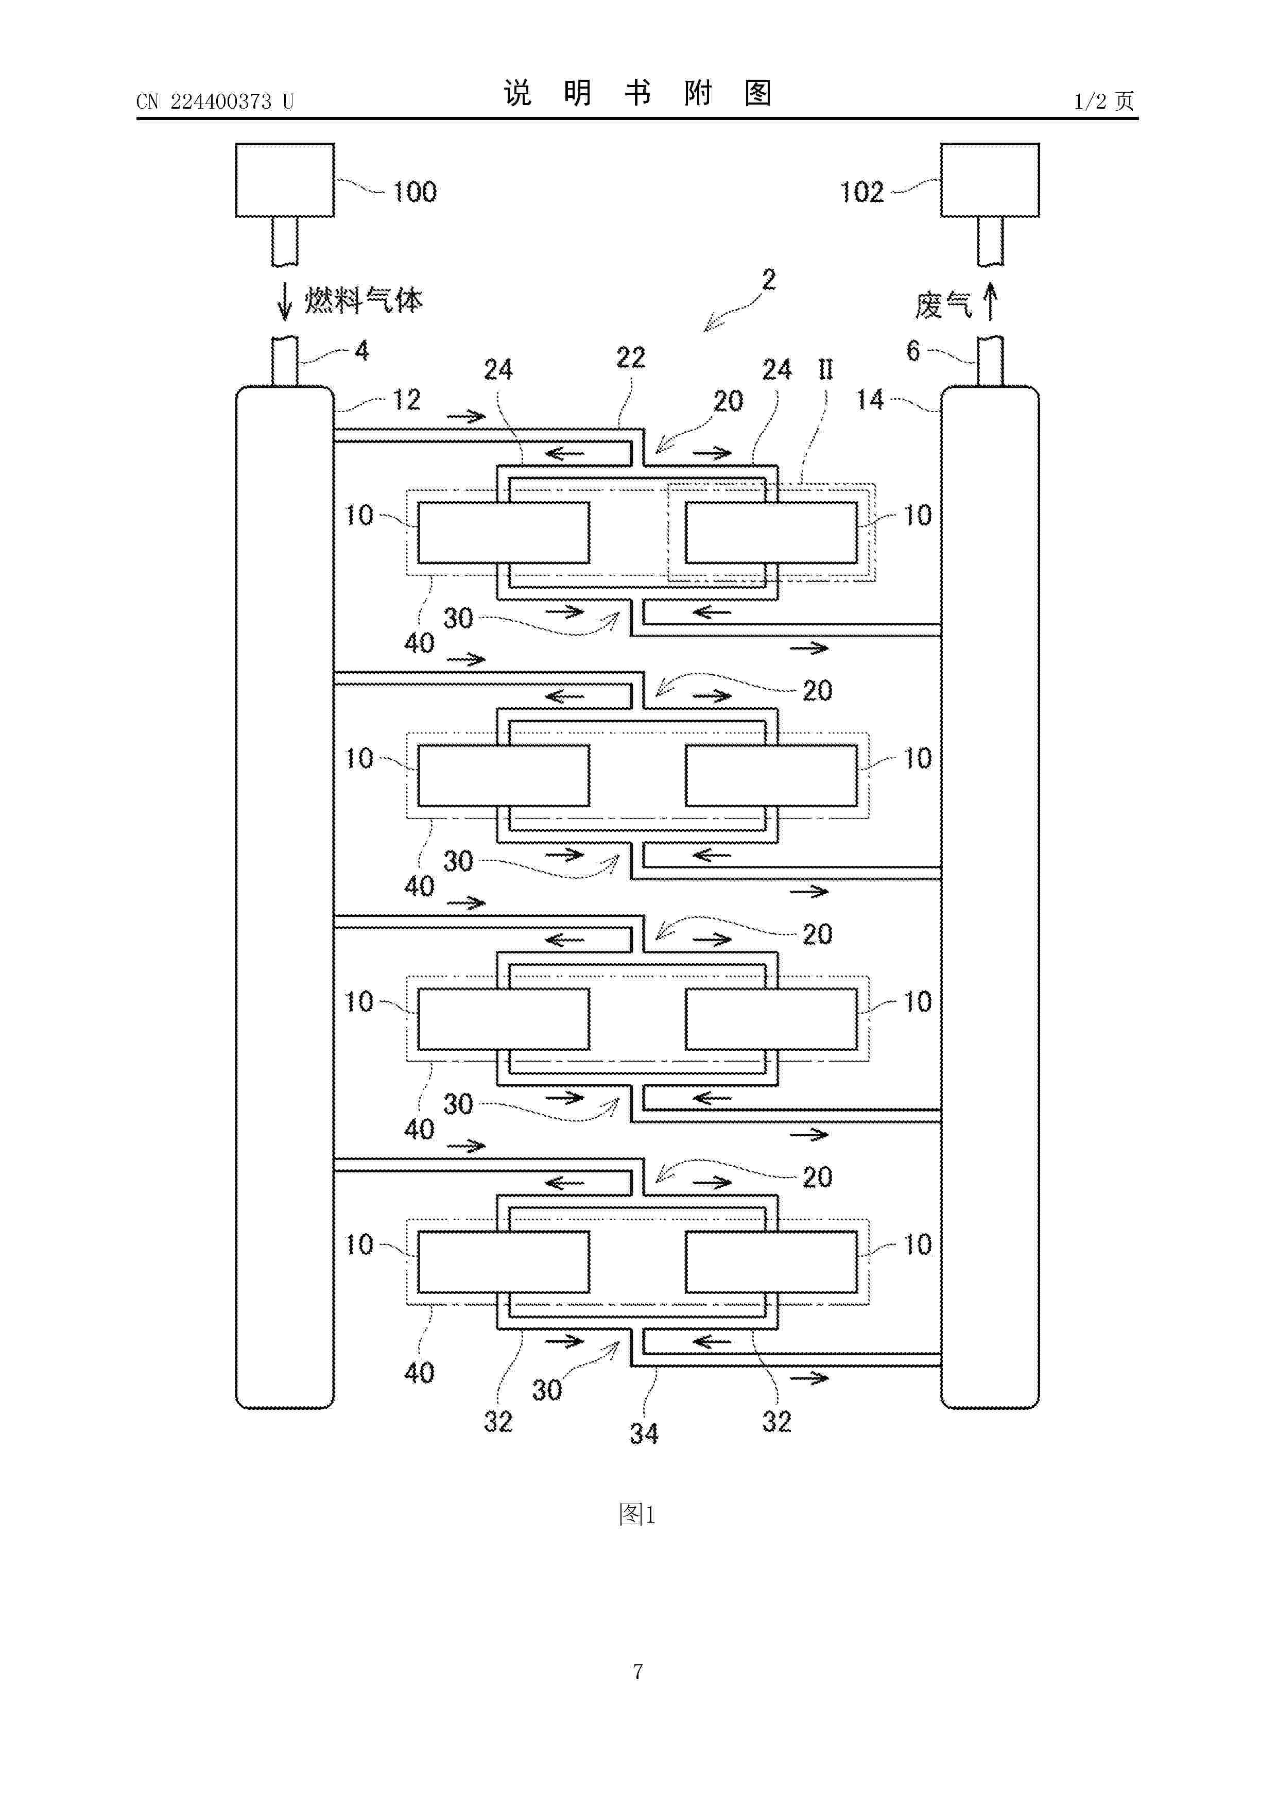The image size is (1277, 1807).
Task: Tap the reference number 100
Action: point(415,192)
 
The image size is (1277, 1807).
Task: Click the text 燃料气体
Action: point(364,301)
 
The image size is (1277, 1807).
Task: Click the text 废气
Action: point(943,304)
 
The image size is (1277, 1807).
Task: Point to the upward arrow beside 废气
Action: point(991,301)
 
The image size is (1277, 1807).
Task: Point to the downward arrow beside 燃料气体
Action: point(286,301)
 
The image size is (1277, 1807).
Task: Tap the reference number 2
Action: point(769,279)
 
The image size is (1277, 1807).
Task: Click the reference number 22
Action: point(631,358)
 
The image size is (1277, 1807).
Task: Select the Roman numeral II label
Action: point(825,369)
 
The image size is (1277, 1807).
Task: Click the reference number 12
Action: point(407,400)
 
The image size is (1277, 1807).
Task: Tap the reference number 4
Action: point(362,351)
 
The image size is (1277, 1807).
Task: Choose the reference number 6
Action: point(913,351)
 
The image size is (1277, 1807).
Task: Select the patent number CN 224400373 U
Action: point(215,101)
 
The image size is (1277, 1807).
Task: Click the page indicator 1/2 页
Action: point(1105,101)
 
